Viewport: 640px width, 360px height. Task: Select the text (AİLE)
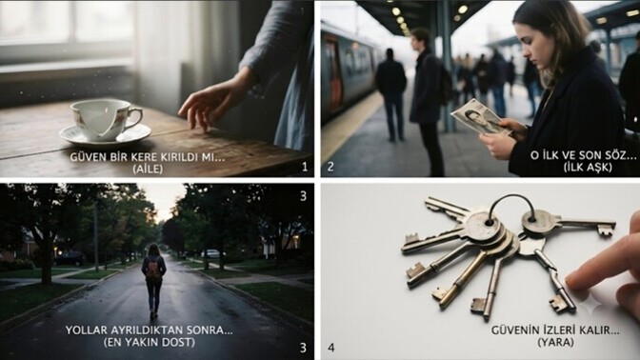148,169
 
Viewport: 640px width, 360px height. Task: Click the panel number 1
305,167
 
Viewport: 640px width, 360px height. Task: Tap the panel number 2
330,167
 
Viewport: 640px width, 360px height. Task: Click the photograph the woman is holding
480,117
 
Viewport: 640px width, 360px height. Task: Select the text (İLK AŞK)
588,168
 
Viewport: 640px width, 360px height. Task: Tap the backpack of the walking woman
154,270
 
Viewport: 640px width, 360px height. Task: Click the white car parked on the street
211,253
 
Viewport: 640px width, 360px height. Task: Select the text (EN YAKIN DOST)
150,342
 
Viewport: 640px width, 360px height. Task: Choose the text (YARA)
555,342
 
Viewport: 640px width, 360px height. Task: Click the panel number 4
331,348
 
